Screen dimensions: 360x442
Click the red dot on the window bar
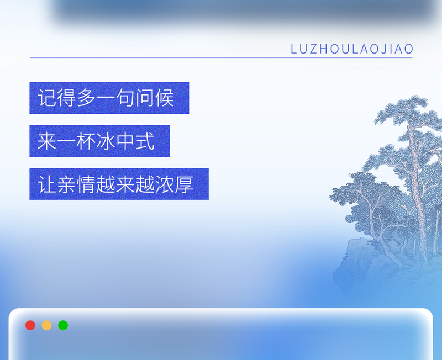[x=30, y=325]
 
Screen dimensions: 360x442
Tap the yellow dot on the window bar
[x=47, y=325]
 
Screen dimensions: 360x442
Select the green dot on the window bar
[x=63, y=325]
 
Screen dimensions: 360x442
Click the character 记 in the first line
[x=48, y=98]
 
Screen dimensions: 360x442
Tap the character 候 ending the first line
[x=164, y=98]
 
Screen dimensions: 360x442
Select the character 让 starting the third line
[x=48, y=184]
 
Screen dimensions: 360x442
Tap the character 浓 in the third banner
[x=164, y=184]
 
